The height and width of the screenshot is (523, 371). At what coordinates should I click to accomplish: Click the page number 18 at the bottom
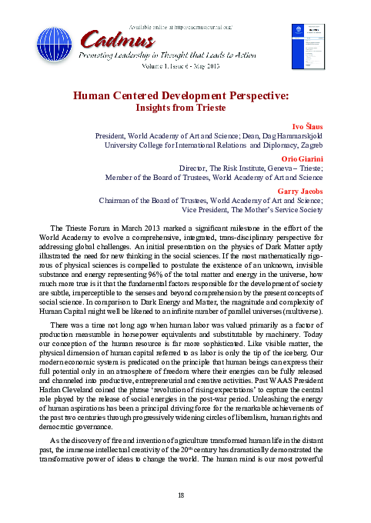pos(181,495)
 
